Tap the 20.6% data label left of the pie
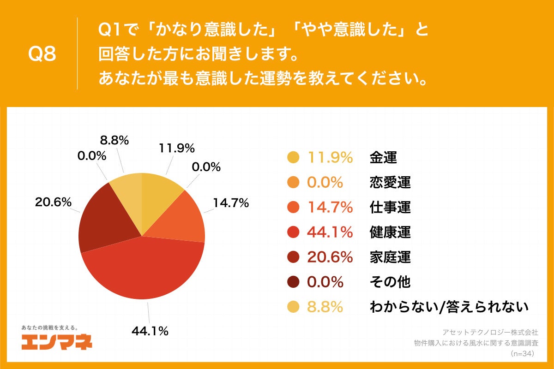(53, 202)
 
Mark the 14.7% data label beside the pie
(230, 202)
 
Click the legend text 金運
(383, 158)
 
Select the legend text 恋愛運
(390, 183)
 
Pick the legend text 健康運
(390, 232)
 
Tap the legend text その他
(390, 282)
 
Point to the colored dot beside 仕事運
(293, 208)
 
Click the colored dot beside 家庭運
(293, 257)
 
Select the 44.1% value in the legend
(330, 232)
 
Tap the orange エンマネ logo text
(57, 342)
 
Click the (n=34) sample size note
(522, 354)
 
